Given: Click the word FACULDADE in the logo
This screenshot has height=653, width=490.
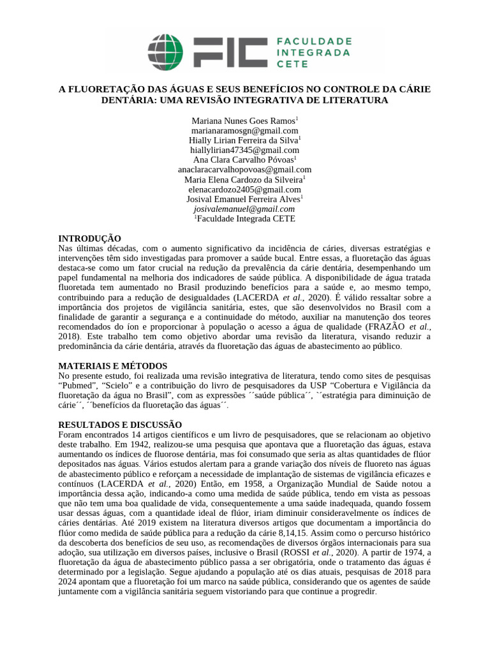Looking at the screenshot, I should pyautogui.click(x=314, y=41).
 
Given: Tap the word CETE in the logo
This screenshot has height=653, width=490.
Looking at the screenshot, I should pyautogui.click(x=292, y=64).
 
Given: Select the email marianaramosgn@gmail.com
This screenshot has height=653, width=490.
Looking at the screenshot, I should pyautogui.click(x=245, y=130).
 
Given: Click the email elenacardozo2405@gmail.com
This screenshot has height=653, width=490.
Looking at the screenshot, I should pyautogui.click(x=245, y=189).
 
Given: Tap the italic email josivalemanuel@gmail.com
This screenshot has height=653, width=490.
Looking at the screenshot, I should pyautogui.click(x=244, y=209).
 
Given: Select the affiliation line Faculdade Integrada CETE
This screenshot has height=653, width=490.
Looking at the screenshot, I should pyautogui.click(x=246, y=218).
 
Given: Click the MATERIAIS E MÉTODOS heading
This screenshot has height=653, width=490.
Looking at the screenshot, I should pyautogui.click(x=113, y=366).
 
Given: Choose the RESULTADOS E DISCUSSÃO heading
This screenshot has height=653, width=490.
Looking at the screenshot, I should pyautogui.click(x=120, y=425).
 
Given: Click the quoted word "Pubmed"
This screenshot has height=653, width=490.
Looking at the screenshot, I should pyautogui.click(x=79, y=386).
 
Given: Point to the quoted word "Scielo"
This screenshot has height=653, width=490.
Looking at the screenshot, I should pyautogui.click(x=132, y=386).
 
